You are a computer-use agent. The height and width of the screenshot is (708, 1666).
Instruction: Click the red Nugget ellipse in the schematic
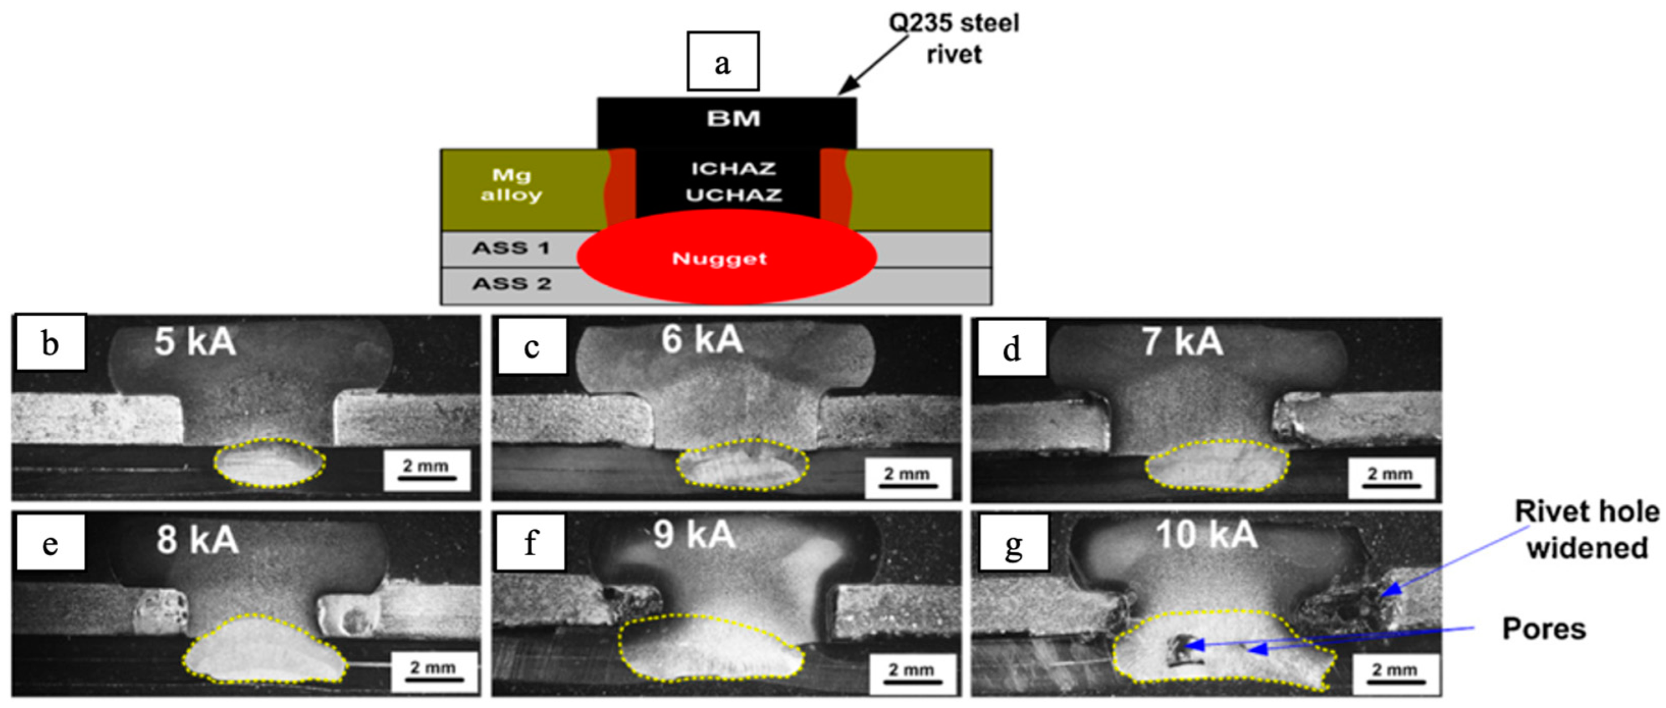tap(726, 258)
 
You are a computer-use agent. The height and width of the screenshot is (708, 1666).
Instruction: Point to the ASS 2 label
tap(511, 284)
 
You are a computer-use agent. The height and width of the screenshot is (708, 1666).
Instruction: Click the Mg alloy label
tap(511, 185)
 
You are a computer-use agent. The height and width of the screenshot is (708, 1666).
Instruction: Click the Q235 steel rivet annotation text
tap(953, 39)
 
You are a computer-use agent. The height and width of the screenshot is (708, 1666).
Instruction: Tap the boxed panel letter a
tap(722, 62)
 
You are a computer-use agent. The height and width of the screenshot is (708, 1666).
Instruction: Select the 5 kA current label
tap(195, 342)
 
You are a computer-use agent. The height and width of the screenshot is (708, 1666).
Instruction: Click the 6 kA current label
tap(702, 340)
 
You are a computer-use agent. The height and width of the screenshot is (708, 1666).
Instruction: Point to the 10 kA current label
tap(1206, 535)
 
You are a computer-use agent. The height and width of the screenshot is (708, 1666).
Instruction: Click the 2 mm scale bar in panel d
tap(1390, 478)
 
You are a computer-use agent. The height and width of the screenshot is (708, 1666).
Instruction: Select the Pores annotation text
tap(1544, 629)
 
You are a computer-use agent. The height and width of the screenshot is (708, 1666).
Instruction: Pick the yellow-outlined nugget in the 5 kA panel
tap(269, 463)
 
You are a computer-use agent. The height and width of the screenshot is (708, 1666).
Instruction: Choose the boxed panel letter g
tap(1013, 543)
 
